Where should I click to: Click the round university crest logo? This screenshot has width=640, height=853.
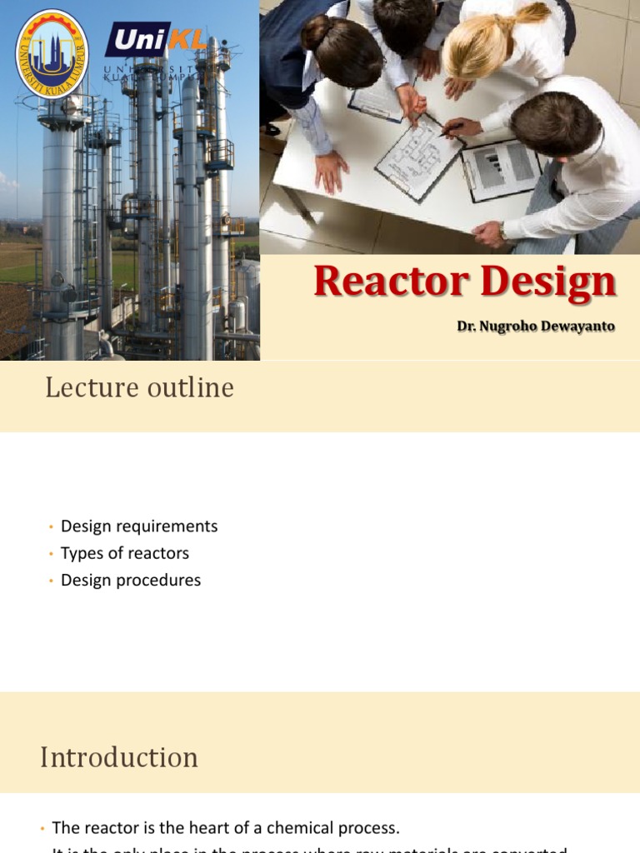point(52,52)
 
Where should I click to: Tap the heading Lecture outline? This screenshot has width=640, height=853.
point(139,387)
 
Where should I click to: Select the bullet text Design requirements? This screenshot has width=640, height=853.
point(139,526)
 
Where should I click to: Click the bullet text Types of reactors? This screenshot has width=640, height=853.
point(125,553)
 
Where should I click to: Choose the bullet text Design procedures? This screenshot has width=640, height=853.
point(131,580)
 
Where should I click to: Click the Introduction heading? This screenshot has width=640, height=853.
point(119,757)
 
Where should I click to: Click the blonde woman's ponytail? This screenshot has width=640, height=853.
point(533,14)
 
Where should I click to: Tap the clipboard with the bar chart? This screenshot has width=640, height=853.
point(500,167)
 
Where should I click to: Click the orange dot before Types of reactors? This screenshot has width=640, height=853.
point(50,554)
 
